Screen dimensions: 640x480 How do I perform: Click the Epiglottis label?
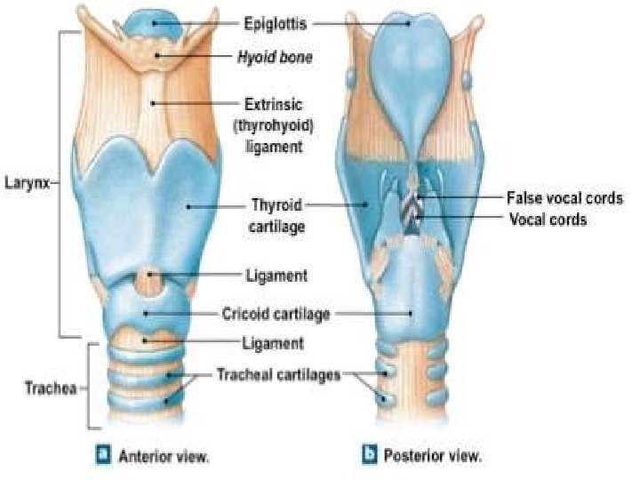[276, 24]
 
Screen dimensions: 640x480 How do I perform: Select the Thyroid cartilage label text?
[276, 215]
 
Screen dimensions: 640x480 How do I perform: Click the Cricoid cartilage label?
[276, 314]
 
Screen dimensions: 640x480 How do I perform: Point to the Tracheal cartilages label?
[279, 375]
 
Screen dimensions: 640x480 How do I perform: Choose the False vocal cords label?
[564, 197]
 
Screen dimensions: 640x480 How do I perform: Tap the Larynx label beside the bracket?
[27, 185]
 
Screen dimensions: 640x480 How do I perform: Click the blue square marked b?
[370, 456]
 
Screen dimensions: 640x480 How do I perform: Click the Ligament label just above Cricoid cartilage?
[276, 276]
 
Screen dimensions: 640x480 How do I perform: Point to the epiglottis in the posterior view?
[409, 71]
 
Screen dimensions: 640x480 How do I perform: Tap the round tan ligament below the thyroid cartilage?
[152, 282]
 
